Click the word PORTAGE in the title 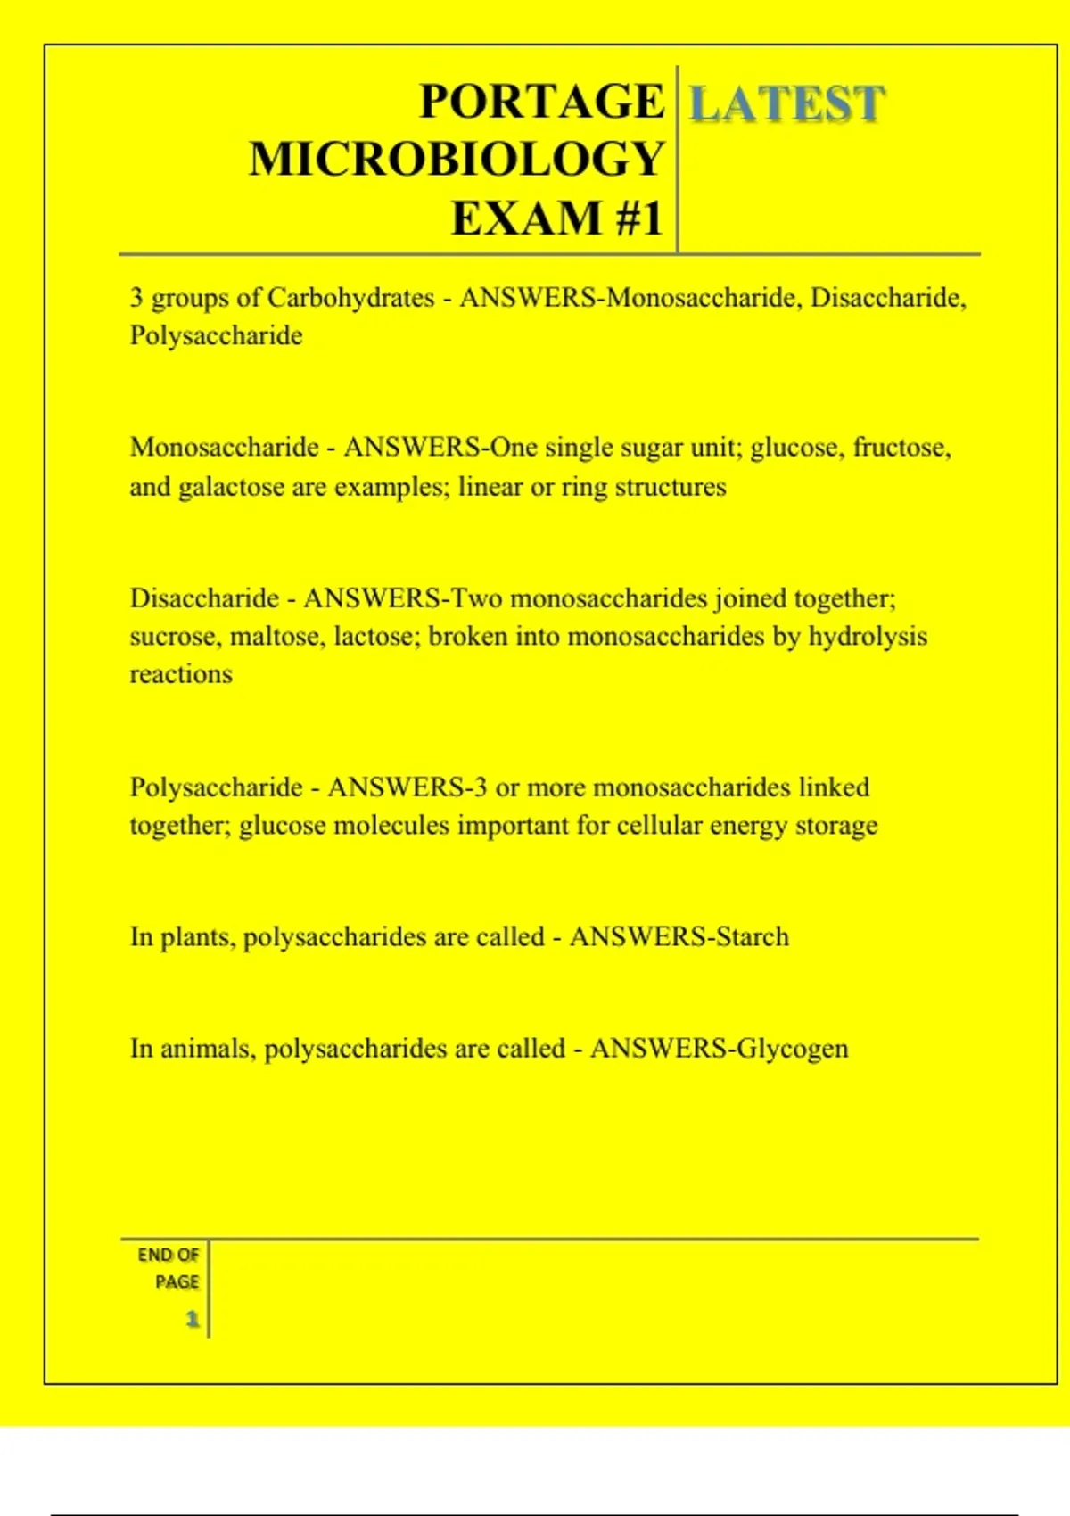(x=541, y=101)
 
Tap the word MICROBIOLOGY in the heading (x=457, y=160)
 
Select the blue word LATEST (x=787, y=103)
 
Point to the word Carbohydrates (x=350, y=298)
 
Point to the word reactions (x=181, y=675)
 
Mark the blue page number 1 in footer (x=192, y=1319)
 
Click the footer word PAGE (x=177, y=1282)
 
